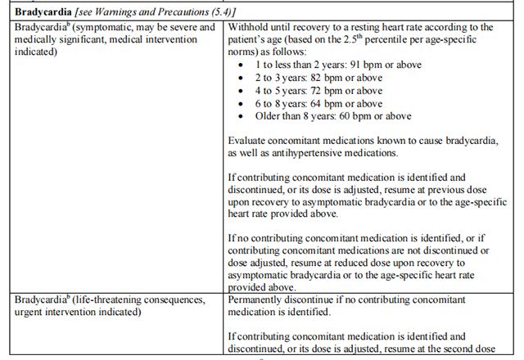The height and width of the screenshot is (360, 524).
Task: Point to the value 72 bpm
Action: [x=318, y=90]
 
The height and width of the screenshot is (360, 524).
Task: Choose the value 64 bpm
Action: [x=318, y=103]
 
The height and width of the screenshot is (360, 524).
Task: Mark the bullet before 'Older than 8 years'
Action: [x=238, y=117]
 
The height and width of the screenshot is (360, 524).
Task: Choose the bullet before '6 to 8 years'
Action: [x=238, y=103]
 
